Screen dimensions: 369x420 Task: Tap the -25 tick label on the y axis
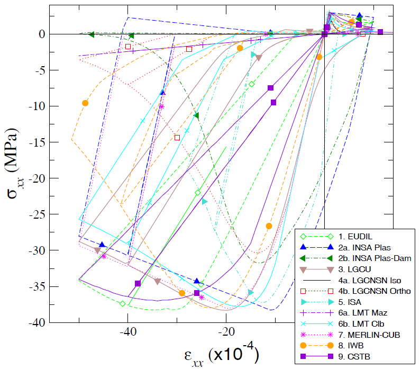pyautogui.click(x=39, y=214)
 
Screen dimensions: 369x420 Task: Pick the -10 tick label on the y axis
pyautogui.click(x=39, y=106)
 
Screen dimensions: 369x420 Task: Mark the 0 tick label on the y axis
pyautogui.click(x=43, y=34)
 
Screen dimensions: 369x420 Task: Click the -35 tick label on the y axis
pyautogui.click(x=39, y=286)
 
